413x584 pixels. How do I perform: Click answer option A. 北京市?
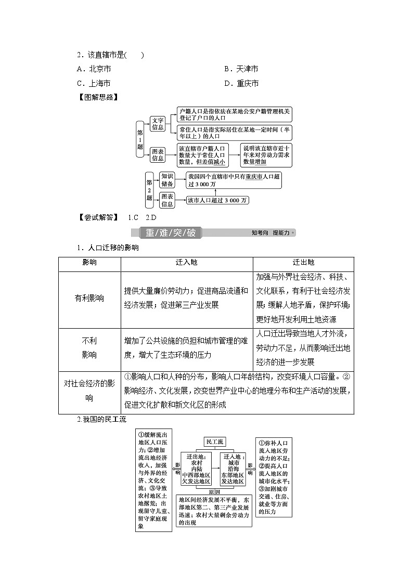pyautogui.click(x=94, y=69)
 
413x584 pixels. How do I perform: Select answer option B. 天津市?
pyautogui.click(x=241, y=69)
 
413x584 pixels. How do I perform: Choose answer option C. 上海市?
pyautogui.click(x=94, y=83)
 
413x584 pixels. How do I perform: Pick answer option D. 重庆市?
pyautogui.click(x=241, y=83)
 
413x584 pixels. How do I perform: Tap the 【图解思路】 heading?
pyautogui.click(x=97, y=97)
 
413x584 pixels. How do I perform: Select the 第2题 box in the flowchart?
pyautogui.click(x=149, y=190)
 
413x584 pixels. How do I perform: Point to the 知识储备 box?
pyautogui.click(x=167, y=180)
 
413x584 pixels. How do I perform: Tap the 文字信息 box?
pyautogui.click(x=158, y=124)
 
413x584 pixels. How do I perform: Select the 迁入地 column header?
pyautogui.click(x=187, y=263)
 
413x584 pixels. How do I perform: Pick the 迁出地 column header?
pyautogui.click(x=304, y=263)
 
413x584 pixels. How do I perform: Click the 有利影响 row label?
pyautogui.click(x=89, y=299)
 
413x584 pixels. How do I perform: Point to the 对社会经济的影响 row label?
pyautogui.click(x=89, y=391)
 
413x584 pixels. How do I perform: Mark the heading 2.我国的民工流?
pyautogui.click(x=101, y=419)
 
